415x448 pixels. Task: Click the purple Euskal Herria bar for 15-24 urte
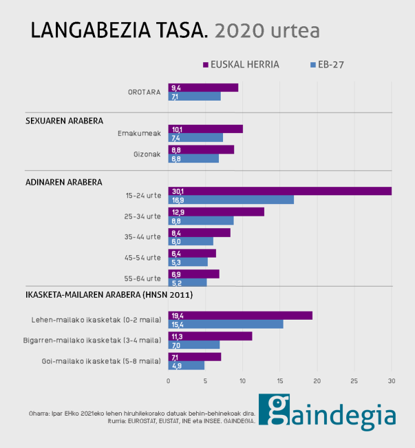[279, 191]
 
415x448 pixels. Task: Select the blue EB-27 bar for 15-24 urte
[231, 200]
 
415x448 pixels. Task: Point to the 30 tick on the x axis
[392, 380]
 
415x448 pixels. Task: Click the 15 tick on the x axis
[280, 380]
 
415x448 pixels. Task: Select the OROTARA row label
[144, 92]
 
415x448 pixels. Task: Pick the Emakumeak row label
[139, 133]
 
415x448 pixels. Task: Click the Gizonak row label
[147, 154]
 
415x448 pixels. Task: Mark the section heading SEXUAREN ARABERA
[64, 120]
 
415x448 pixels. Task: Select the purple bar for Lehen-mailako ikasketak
[240, 315]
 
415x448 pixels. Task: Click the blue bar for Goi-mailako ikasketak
[187, 365]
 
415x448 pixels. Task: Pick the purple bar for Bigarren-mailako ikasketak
[210, 336]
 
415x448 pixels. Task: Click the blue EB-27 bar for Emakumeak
[195, 138]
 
